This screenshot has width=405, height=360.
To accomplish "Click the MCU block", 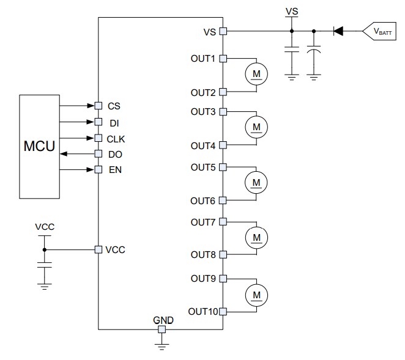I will [39, 147].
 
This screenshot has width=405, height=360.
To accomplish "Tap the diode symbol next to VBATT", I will [337, 30].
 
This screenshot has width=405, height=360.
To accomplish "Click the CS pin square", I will [98, 105].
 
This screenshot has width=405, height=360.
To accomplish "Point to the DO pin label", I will [115, 154].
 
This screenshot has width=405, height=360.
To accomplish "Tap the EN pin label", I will [115, 169].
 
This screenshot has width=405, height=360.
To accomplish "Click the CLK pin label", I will [116, 138].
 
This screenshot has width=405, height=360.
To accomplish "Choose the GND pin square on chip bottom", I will [162, 330].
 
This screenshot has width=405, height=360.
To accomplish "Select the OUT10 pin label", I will [202, 311].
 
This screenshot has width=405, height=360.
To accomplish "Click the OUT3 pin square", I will [223, 112].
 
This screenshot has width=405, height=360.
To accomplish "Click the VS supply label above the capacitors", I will [292, 11].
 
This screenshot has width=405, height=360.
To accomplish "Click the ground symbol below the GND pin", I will [162, 347].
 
